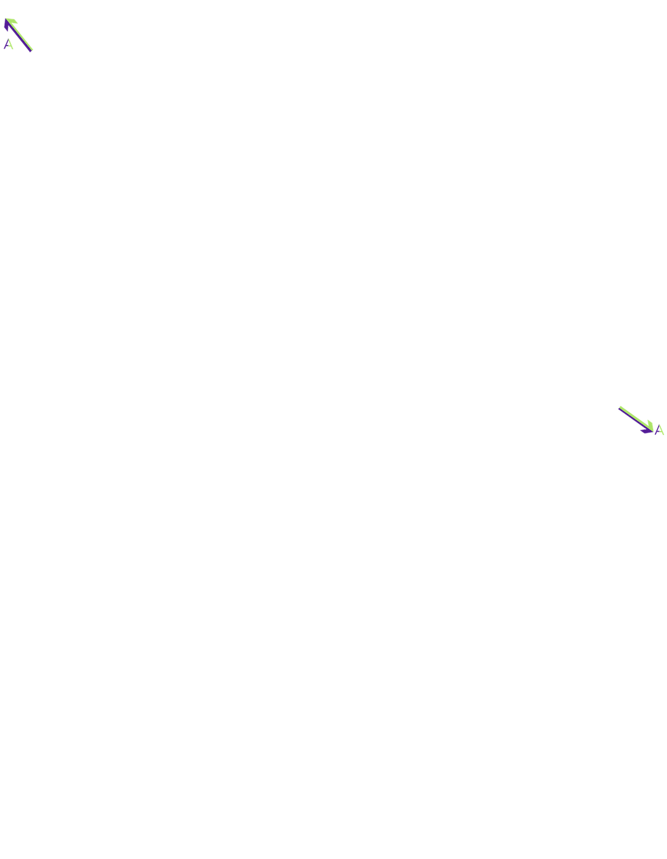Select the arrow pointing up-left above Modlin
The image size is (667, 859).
pyautogui.click(x=19, y=34)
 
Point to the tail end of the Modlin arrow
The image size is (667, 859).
pyautogui.click(x=32, y=49)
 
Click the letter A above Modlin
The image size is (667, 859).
pyautogui.click(x=8, y=44)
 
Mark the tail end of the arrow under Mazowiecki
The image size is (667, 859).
pyautogui.click(x=620, y=409)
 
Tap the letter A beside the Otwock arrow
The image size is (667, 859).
pyautogui.click(x=661, y=430)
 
